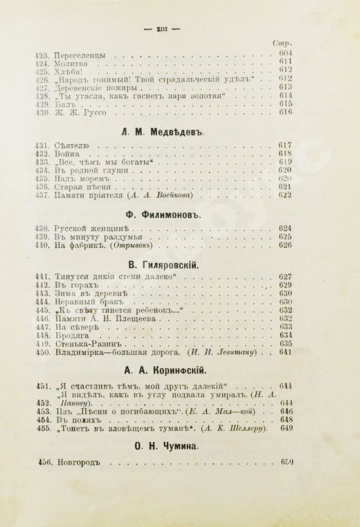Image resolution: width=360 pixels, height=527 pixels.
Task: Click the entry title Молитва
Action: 68,67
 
